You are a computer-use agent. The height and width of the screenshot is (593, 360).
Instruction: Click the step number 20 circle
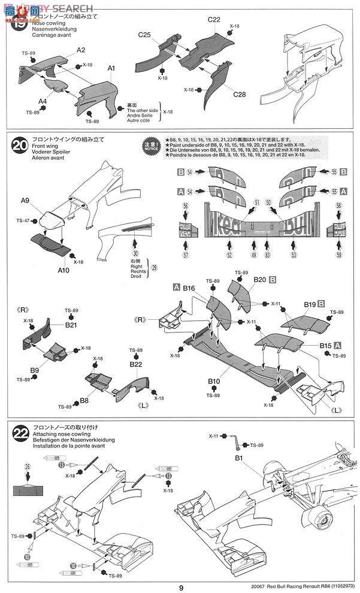19,144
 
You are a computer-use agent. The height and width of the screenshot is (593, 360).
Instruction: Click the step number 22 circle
19,431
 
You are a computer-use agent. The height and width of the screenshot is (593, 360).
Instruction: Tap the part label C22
214,20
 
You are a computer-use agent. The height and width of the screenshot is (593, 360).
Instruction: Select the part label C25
144,35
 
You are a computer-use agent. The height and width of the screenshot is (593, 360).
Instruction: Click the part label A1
111,69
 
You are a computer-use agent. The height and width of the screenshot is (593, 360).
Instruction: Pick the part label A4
43,101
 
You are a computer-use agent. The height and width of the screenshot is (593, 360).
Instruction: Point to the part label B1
238,458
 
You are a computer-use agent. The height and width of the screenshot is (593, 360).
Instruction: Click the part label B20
259,279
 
